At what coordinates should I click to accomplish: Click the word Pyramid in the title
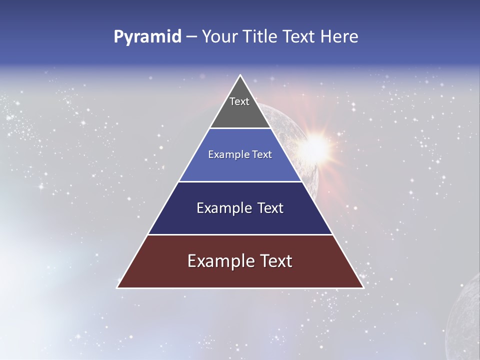point(147,37)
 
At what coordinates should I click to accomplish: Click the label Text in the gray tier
point(239,101)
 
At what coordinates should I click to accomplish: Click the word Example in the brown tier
point(220,261)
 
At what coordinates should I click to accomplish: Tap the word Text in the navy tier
point(270,208)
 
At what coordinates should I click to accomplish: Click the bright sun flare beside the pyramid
point(315,146)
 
